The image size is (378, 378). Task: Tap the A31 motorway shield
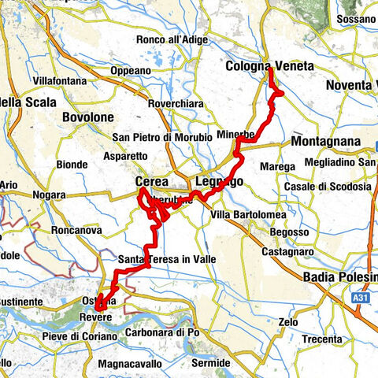tap(361, 299)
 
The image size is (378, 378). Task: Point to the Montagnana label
tap(325, 142)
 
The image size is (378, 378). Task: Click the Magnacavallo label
tap(130, 364)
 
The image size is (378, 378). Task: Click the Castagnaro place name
tap(288, 250)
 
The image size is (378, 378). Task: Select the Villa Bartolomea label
tap(250, 215)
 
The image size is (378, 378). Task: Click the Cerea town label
tap(152, 182)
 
